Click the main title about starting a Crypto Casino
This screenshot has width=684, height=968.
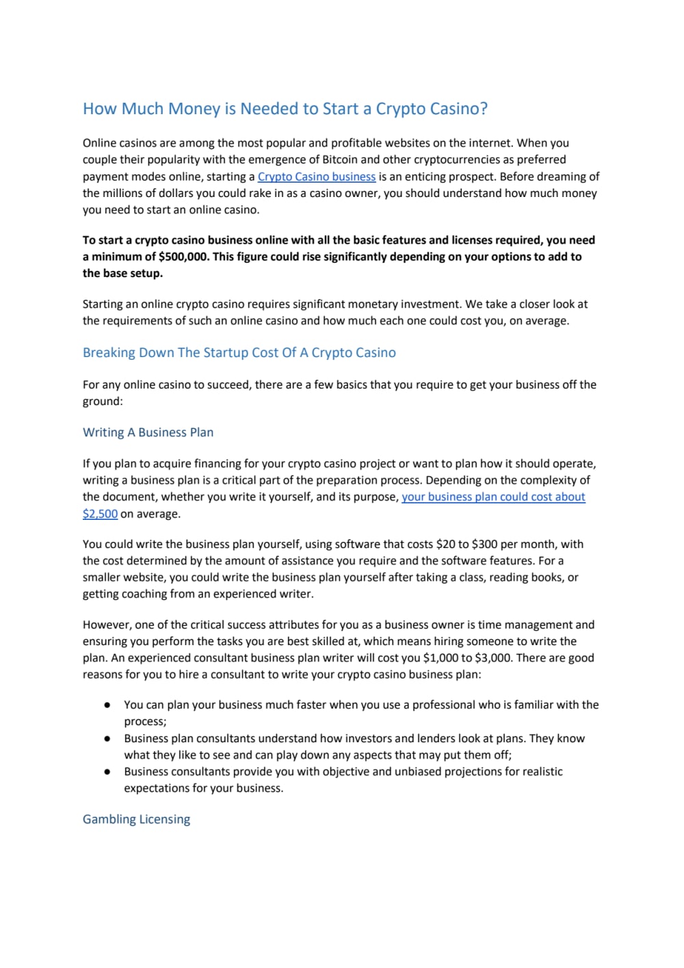click(285, 109)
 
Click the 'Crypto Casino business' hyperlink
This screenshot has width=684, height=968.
click(316, 176)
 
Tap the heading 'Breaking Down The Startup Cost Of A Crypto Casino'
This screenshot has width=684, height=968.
click(239, 353)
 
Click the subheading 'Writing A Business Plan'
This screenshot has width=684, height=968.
click(148, 432)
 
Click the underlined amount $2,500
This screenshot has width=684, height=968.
click(100, 514)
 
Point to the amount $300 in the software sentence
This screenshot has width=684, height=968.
click(484, 544)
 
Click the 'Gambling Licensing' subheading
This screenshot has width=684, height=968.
click(136, 819)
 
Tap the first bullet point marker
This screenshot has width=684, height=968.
click(107, 705)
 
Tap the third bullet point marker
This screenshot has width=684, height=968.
click(107, 772)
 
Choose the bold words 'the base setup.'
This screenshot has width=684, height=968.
click(122, 273)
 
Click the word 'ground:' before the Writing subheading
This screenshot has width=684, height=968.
click(103, 401)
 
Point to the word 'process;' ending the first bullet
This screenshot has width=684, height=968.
click(145, 721)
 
